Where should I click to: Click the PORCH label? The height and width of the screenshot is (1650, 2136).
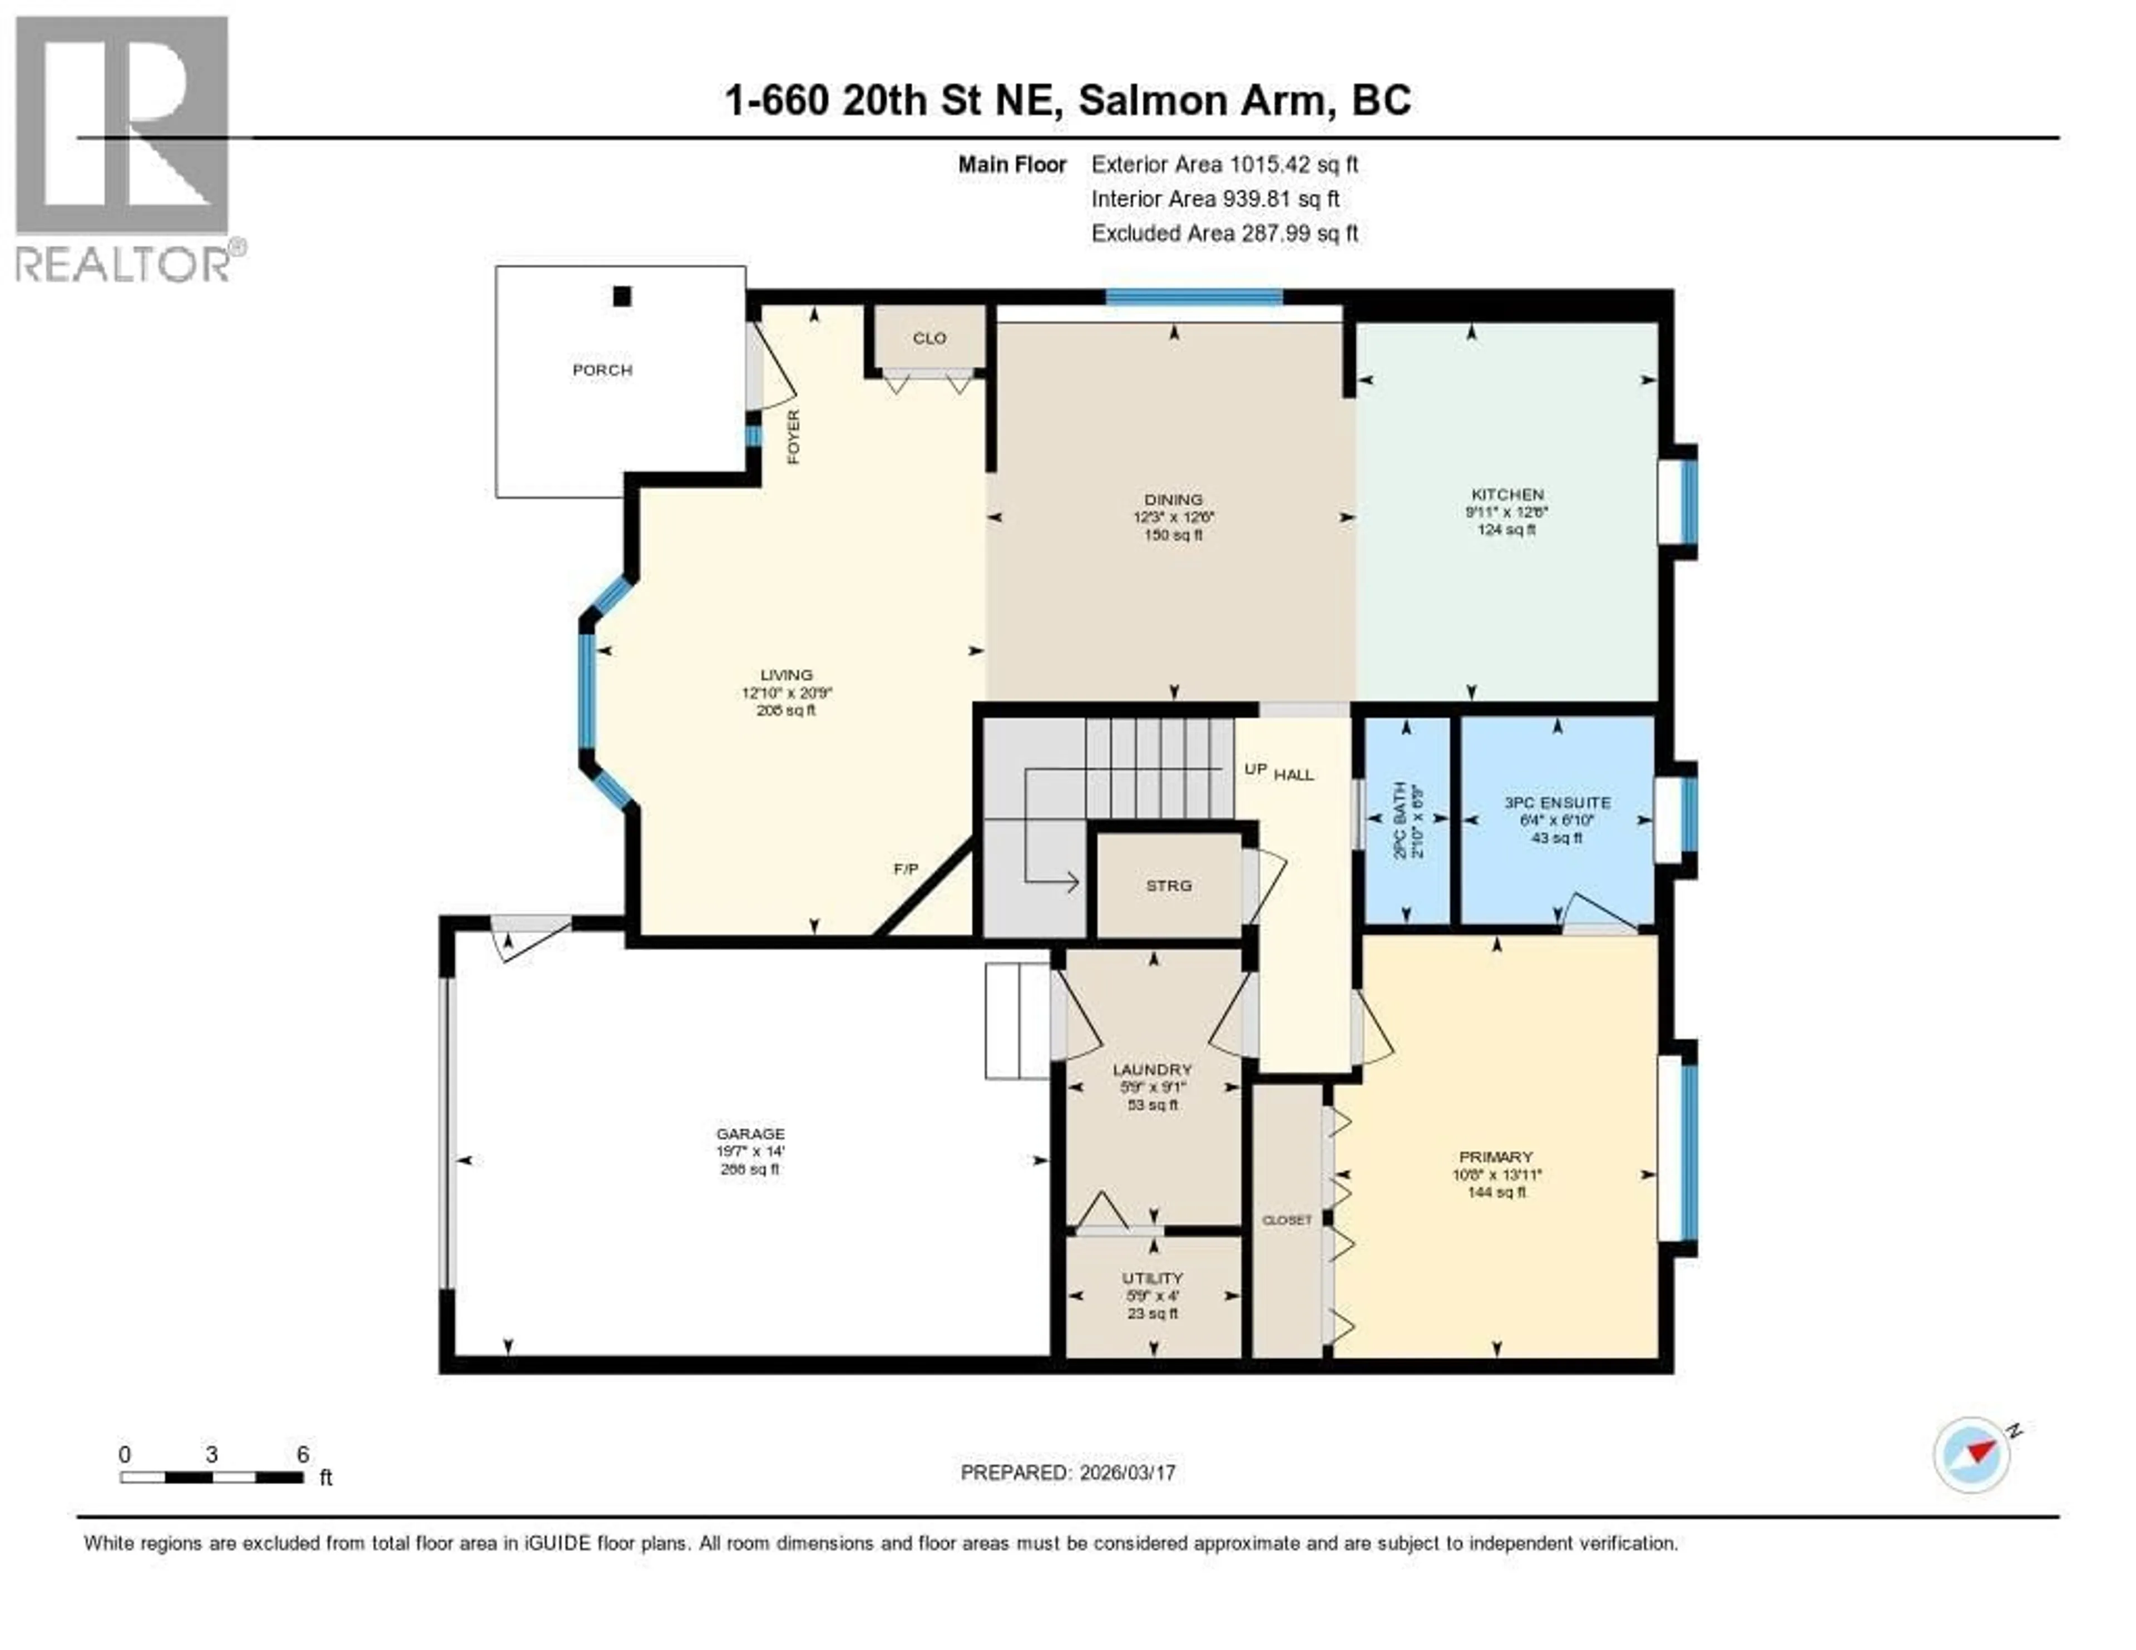click(602, 370)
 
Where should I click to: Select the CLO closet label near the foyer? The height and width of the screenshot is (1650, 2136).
click(929, 338)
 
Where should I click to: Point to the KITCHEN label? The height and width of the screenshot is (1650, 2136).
click(1507, 495)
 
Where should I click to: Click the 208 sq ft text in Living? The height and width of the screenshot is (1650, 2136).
click(787, 710)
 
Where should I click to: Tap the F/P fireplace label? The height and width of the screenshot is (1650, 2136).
click(906, 868)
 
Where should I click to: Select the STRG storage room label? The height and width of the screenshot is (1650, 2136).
click(1169, 885)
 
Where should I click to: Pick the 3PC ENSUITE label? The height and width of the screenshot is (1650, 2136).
click(1557, 803)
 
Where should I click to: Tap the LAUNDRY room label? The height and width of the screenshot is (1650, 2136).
click(1152, 1070)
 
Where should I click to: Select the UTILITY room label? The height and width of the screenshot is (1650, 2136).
click(1152, 1278)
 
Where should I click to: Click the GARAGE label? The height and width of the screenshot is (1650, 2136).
click(750, 1134)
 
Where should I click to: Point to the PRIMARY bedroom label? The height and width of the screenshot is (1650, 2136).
click(1495, 1157)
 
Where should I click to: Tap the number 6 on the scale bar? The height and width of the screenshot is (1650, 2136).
click(303, 1454)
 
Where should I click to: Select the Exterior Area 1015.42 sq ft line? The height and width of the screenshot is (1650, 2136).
click(1224, 164)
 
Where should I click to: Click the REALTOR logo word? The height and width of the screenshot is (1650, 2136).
click(122, 264)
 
